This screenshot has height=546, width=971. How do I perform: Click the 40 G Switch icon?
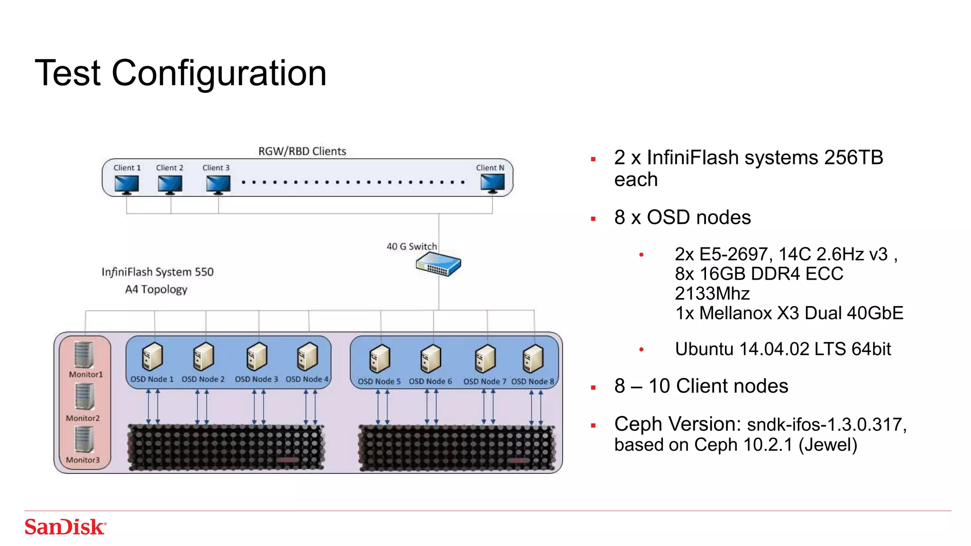438,264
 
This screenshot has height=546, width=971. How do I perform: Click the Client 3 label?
216,168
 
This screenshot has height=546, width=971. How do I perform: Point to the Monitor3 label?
83,460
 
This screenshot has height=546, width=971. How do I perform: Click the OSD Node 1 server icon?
152,357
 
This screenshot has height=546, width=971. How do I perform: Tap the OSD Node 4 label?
307,379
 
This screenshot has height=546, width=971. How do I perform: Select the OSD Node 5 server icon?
379,359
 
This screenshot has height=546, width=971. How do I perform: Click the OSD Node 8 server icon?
533,359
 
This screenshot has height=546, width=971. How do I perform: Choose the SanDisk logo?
65,527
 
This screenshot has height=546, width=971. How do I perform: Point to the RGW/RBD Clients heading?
302,151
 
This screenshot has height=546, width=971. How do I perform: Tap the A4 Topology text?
156,289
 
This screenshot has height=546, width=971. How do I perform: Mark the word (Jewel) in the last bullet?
828,445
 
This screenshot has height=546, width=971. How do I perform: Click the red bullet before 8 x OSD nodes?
593,219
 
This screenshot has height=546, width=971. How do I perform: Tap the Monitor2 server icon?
84,396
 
